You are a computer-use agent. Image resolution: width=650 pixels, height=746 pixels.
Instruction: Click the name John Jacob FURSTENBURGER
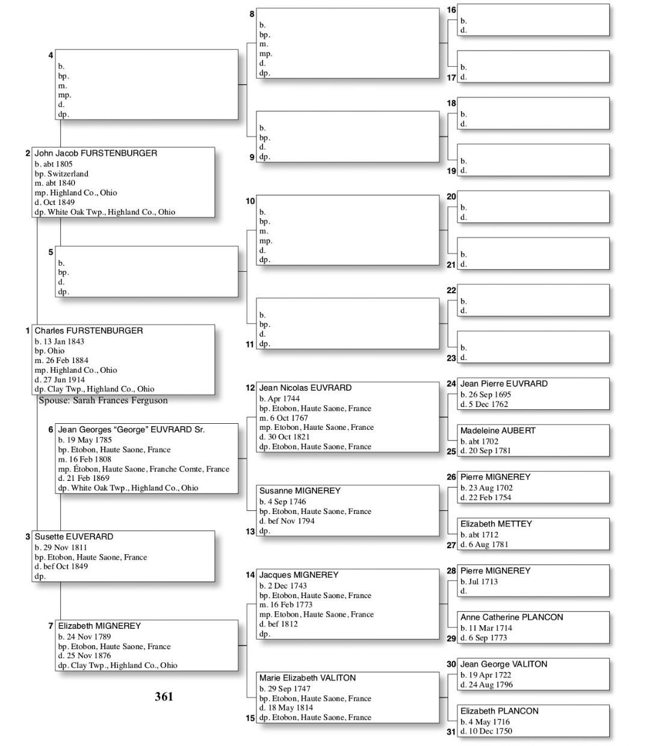tap(96, 153)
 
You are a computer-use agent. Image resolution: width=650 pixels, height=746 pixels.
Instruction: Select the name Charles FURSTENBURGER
tap(88, 331)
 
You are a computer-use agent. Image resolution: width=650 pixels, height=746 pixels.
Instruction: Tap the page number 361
tap(164, 697)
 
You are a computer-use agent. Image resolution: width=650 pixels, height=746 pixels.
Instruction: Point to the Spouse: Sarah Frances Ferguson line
tap(103, 400)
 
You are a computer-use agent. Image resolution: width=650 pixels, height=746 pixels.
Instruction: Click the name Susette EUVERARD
tap(73, 537)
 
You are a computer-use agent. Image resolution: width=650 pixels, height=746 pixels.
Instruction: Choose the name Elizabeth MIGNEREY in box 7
tap(99, 626)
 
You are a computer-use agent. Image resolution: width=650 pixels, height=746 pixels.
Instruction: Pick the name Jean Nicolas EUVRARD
tap(305, 388)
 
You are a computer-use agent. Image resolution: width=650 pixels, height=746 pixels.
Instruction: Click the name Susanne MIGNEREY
tap(300, 491)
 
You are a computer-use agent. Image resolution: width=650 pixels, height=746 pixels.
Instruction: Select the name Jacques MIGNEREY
tap(299, 575)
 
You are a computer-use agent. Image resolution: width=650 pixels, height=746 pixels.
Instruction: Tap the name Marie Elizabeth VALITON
tap(308, 677)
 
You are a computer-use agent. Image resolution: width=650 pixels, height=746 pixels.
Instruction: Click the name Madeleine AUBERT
tap(498, 430)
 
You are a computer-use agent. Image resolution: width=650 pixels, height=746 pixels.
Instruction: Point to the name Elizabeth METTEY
tap(496, 524)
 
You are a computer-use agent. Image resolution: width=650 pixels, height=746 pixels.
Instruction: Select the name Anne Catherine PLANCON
tap(512, 617)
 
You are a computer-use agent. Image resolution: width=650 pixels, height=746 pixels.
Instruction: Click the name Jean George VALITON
tap(504, 664)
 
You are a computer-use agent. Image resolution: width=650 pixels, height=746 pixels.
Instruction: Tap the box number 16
tap(451, 10)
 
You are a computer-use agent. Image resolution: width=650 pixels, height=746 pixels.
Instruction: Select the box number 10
tap(250, 201)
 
